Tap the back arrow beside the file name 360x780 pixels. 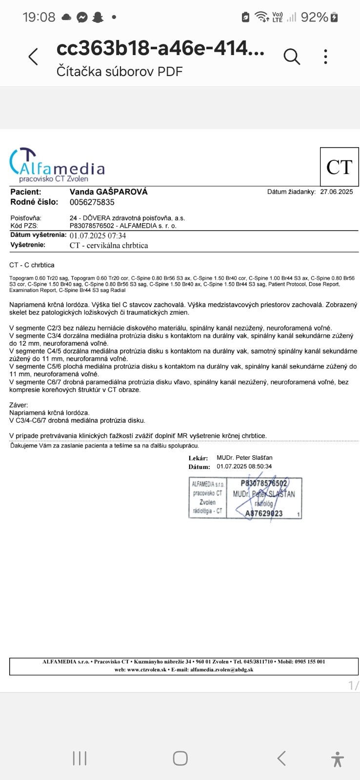pos(33,57)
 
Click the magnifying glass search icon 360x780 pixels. pos(291,57)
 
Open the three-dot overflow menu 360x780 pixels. pos(325,57)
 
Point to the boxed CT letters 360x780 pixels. pos(339,167)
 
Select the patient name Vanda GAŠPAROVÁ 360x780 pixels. pos(108,192)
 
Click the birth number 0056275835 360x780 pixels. pos(92,202)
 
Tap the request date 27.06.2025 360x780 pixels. pos(337,192)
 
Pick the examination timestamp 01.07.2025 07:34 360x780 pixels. pos(98,236)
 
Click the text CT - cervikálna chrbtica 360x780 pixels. pos(109,245)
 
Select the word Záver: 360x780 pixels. pos(19,405)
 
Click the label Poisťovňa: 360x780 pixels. pos(26,218)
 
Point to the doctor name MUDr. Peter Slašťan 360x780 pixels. pos(244,458)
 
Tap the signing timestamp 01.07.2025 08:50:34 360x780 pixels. pos(244,467)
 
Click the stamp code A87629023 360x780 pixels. pos(264,513)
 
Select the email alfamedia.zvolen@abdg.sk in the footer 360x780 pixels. pos(221,670)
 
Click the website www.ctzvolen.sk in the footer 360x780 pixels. pos(147,670)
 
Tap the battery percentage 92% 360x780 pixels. pos(314,18)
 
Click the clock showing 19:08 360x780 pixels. pos(39,18)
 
